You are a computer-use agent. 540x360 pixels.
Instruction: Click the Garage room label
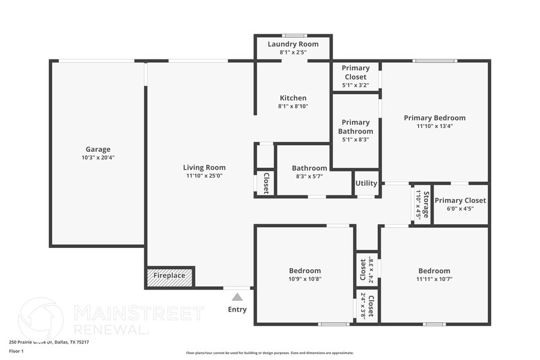click(x=98, y=149)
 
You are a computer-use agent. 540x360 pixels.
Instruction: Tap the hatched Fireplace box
click(x=170, y=276)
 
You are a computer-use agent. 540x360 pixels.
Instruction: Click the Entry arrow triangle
click(x=237, y=297)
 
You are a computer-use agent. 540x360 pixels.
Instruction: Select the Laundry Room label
click(x=293, y=44)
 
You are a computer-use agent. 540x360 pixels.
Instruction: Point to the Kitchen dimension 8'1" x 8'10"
click(x=293, y=107)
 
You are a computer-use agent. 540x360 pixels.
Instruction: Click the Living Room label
click(x=204, y=167)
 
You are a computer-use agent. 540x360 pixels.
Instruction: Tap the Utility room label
click(x=366, y=183)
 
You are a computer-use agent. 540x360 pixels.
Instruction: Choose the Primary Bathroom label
click(x=356, y=127)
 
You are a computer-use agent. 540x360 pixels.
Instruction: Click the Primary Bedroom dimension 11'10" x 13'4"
click(x=435, y=127)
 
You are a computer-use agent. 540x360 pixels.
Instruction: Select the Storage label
click(x=426, y=204)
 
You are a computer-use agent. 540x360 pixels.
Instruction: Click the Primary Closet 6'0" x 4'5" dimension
click(x=460, y=209)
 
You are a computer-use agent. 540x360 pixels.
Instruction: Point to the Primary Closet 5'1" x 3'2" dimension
click(x=355, y=86)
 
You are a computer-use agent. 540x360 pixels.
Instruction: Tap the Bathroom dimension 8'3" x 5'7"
click(x=309, y=176)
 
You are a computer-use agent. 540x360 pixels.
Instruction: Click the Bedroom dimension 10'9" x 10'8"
click(x=305, y=279)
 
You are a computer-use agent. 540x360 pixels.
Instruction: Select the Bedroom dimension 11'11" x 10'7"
click(x=434, y=279)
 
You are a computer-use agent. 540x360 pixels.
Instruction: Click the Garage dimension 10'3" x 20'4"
click(x=98, y=158)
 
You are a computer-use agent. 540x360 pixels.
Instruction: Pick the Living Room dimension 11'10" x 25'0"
click(x=204, y=176)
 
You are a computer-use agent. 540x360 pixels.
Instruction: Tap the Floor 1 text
click(x=16, y=351)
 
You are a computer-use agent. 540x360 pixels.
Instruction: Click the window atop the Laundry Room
click(x=293, y=36)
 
